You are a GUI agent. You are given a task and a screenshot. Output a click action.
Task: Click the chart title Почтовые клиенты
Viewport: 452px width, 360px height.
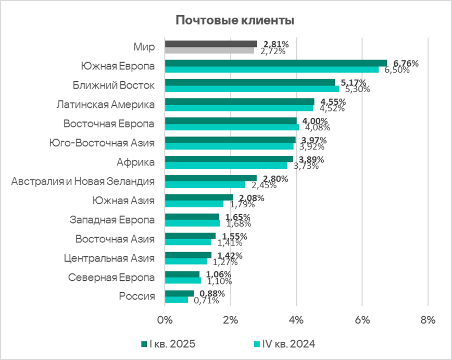pyautogui.click(x=235, y=21)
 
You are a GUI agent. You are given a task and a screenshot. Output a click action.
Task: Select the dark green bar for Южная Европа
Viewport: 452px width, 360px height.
pyautogui.click(x=276, y=63)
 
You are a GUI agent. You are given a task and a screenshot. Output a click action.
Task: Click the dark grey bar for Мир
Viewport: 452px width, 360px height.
pyautogui.click(x=211, y=44)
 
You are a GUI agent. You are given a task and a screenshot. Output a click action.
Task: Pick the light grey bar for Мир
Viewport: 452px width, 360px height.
pyautogui.click(x=209, y=51)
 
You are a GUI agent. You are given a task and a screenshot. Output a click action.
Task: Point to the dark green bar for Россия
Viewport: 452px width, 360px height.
pyautogui.click(x=179, y=293)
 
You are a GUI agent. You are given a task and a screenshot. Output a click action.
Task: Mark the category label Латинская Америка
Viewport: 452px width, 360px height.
pyautogui.click(x=106, y=105)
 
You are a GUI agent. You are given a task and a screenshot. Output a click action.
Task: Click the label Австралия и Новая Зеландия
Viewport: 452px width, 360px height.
pyautogui.click(x=83, y=181)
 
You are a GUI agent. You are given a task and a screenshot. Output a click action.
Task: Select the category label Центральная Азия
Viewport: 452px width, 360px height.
pyautogui.click(x=109, y=258)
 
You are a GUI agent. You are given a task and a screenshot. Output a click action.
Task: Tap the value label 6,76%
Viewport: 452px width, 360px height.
pyautogui.click(x=406, y=64)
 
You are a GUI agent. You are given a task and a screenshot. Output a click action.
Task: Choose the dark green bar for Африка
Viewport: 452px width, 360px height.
pyautogui.click(x=229, y=159)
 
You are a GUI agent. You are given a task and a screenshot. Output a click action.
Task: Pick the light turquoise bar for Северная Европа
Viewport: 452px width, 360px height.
pyautogui.click(x=183, y=280)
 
